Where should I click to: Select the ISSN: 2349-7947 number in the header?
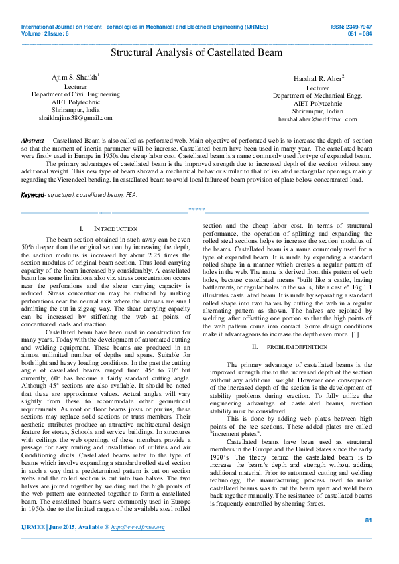point(361,27)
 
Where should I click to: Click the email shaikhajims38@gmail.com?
point(75,117)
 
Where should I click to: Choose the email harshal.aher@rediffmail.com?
point(317,119)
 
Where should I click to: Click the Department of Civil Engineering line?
point(75,94)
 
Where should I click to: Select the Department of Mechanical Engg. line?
point(317,96)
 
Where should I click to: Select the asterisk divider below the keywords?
point(196,210)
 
